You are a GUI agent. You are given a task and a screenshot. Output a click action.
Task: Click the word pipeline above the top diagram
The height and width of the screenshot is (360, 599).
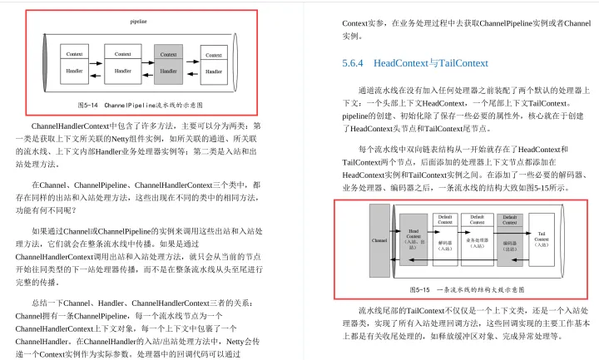[140, 20]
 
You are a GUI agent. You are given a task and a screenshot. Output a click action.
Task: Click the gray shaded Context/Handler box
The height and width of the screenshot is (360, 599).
[168, 64]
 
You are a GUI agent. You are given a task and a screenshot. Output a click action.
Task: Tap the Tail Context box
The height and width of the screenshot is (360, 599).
[542, 239]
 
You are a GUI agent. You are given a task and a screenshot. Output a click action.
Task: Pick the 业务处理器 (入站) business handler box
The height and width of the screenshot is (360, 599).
[477, 244]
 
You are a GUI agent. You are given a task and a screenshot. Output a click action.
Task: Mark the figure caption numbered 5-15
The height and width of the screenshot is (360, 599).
[466, 288]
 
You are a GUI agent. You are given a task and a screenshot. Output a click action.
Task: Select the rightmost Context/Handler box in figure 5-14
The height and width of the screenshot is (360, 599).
[215, 64]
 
